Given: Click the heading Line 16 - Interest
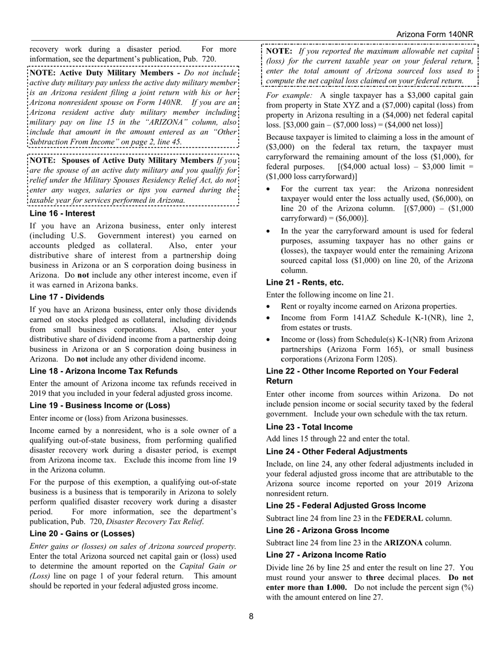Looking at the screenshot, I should (62, 213).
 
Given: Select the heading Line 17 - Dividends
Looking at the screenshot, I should (67, 297).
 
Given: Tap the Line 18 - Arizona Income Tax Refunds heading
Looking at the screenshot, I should (103, 371).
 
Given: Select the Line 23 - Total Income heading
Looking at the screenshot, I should (309, 427).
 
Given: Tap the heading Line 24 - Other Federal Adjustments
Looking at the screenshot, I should (337, 451).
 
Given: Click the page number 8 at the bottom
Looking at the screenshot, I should (251, 616).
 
